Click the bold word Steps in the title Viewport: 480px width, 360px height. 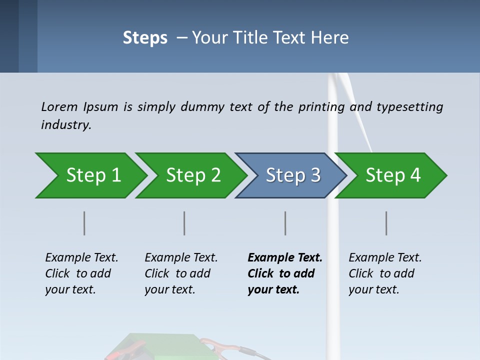pos(145,38)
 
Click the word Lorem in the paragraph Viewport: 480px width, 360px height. pos(59,106)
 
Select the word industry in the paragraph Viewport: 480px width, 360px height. pos(66,124)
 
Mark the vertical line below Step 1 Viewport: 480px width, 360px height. pos(84,223)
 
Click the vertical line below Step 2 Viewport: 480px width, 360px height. pos(184,223)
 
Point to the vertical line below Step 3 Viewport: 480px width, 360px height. pos(285,223)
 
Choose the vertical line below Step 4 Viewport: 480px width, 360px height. pos(386,223)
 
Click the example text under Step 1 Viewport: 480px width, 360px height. pos(81,273)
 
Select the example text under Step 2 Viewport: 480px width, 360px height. pos(181,273)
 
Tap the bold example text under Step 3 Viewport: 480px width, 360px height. pos(285,273)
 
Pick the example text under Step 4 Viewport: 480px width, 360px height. pos(385,273)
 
